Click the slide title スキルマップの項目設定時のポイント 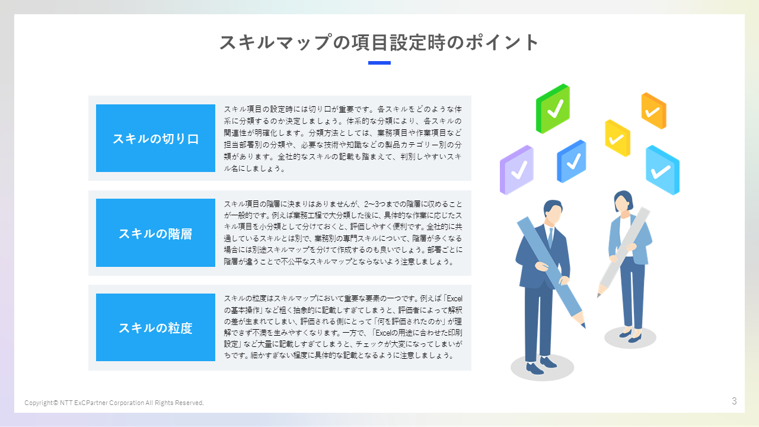point(379,43)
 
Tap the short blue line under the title point(379,62)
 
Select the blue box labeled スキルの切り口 point(155,138)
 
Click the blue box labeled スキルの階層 point(155,232)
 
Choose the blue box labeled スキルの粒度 point(155,327)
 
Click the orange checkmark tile point(653,111)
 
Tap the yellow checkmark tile point(617,138)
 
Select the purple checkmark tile point(516,170)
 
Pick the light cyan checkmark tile point(662,170)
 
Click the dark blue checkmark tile point(571,161)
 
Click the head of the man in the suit point(553,212)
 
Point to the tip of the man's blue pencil point(584,326)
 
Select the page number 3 point(734,401)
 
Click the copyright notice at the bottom point(114,403)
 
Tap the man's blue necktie point(550,237)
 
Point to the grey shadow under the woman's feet point(630,339)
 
